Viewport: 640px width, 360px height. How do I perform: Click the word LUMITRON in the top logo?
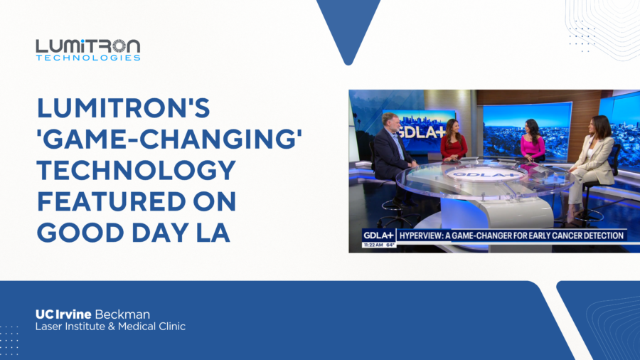point(88,46)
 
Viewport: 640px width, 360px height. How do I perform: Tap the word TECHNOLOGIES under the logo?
point(88,58)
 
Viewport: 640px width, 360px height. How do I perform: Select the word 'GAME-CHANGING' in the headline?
point(169,139)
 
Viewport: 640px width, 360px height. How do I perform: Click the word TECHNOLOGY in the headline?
point(137,170)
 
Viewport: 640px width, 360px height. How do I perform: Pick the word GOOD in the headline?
point(80,232)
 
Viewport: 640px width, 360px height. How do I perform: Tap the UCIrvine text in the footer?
point(63,314)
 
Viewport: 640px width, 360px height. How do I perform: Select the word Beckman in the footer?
point(122,314)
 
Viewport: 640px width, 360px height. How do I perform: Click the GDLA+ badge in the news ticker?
point(378,235)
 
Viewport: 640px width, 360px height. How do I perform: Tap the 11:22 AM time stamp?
point(373,245)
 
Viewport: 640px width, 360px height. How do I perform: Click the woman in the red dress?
point(454,140)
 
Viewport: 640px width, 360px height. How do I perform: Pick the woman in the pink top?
point(532,140)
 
